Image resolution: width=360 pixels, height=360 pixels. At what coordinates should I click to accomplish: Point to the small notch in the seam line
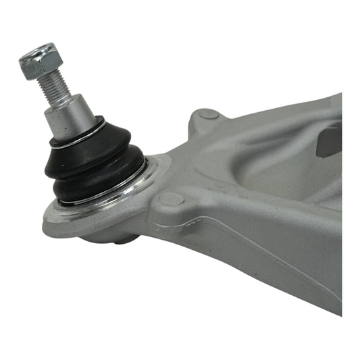click(200, 224)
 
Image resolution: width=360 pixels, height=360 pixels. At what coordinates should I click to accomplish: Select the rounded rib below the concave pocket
click(270, 203)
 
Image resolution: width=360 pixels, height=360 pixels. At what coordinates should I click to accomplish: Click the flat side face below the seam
click(284, 284)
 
